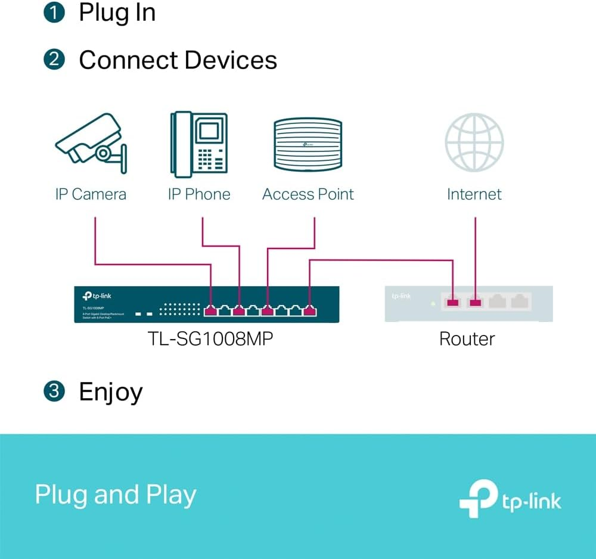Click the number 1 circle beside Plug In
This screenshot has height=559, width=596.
54,13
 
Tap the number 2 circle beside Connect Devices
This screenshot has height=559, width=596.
54,60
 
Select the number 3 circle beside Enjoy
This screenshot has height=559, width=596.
54,392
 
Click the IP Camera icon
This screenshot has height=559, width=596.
91,143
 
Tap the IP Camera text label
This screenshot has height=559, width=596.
91,194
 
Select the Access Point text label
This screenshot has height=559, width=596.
308,194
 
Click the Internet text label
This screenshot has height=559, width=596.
474,194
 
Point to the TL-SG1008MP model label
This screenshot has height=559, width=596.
211,339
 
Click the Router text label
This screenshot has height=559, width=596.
467,339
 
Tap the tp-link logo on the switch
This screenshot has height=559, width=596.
95,296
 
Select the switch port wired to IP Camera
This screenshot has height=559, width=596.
211,310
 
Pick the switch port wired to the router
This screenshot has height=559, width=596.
309,310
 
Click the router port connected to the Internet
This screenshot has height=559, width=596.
475,303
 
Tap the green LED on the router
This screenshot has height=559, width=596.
433,303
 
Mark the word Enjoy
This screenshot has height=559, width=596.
111,392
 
